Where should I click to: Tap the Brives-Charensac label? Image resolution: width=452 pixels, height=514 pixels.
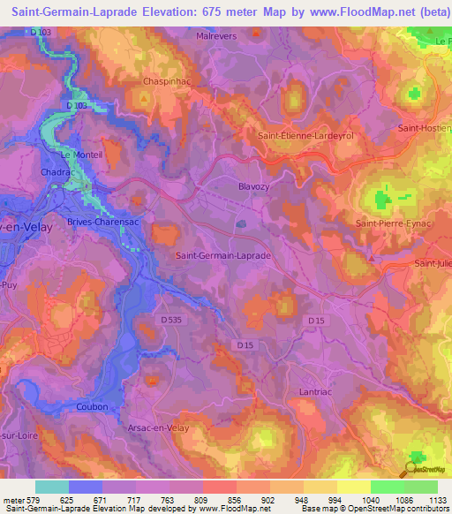click(x=104, y=223)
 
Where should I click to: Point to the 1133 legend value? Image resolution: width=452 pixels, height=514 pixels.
click(x=437, y=500)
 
